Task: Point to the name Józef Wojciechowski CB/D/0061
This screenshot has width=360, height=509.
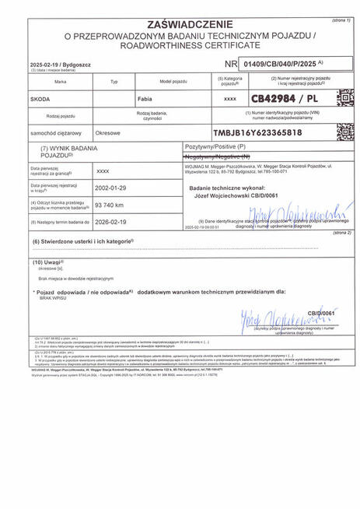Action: coord(234,196)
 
